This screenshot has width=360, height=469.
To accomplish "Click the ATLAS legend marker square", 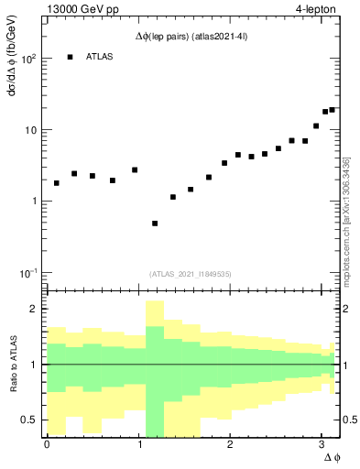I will coord(70,58).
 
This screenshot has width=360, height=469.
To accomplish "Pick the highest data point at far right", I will coord(332,110).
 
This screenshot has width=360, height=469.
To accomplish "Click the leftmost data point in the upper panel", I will coord(57,183).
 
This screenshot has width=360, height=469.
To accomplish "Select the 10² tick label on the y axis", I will coord(28,59).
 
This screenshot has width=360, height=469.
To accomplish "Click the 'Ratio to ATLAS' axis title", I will coord(11,365).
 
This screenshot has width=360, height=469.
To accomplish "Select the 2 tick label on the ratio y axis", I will coord(35,309).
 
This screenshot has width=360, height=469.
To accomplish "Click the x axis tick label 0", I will coord(47,444).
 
